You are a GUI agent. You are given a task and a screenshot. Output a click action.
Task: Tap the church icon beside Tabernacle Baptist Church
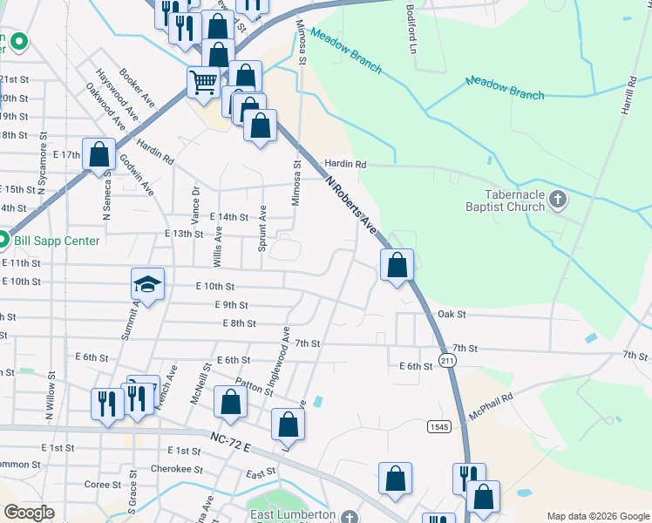(x=559, y=201)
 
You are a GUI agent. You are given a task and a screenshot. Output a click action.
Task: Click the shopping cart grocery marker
(x=204, y=83)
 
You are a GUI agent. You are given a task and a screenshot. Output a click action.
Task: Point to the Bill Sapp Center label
(x=56, y=240)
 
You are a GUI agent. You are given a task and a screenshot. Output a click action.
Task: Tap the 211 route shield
(x=447, y=360)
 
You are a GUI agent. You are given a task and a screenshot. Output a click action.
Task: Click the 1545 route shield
(x=438, y=426)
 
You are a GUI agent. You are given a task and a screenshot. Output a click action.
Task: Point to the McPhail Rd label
(x=492, y=405)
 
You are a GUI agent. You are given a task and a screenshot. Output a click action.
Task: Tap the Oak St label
(x=452, y=314)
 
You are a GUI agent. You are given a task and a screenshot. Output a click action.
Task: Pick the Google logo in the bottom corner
(x=29, y=513)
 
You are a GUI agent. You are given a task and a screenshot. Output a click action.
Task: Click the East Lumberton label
(x=292, y=515)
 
